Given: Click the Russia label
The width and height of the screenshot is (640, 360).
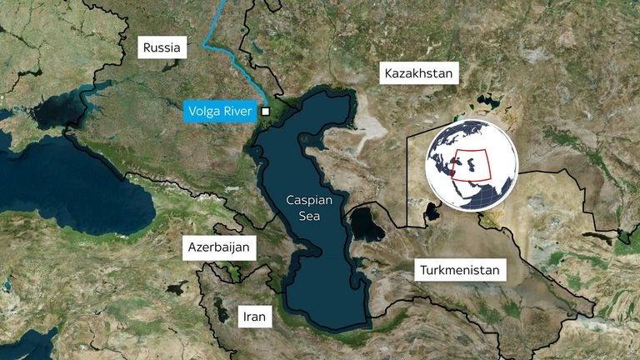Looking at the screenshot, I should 162,47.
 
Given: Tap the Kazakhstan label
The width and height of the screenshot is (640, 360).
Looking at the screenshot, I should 419,73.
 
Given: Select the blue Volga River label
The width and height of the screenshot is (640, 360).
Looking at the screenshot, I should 220,111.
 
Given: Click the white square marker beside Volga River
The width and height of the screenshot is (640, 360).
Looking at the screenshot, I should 265,111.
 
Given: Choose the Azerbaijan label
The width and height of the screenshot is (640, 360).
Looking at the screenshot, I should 218,247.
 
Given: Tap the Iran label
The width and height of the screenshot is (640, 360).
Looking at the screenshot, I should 253,316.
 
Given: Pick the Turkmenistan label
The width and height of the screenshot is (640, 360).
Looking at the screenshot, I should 460,270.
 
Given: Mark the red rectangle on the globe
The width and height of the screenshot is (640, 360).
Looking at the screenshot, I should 471,164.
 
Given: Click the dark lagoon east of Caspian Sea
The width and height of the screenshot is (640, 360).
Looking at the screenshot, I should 366,224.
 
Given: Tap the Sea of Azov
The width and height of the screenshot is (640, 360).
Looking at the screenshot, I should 62,108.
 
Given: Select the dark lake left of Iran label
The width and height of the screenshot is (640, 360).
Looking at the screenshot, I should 221,309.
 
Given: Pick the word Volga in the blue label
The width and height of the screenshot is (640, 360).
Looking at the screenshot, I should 203,111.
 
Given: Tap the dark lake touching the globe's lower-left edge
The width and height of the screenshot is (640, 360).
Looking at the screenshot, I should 432,212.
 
